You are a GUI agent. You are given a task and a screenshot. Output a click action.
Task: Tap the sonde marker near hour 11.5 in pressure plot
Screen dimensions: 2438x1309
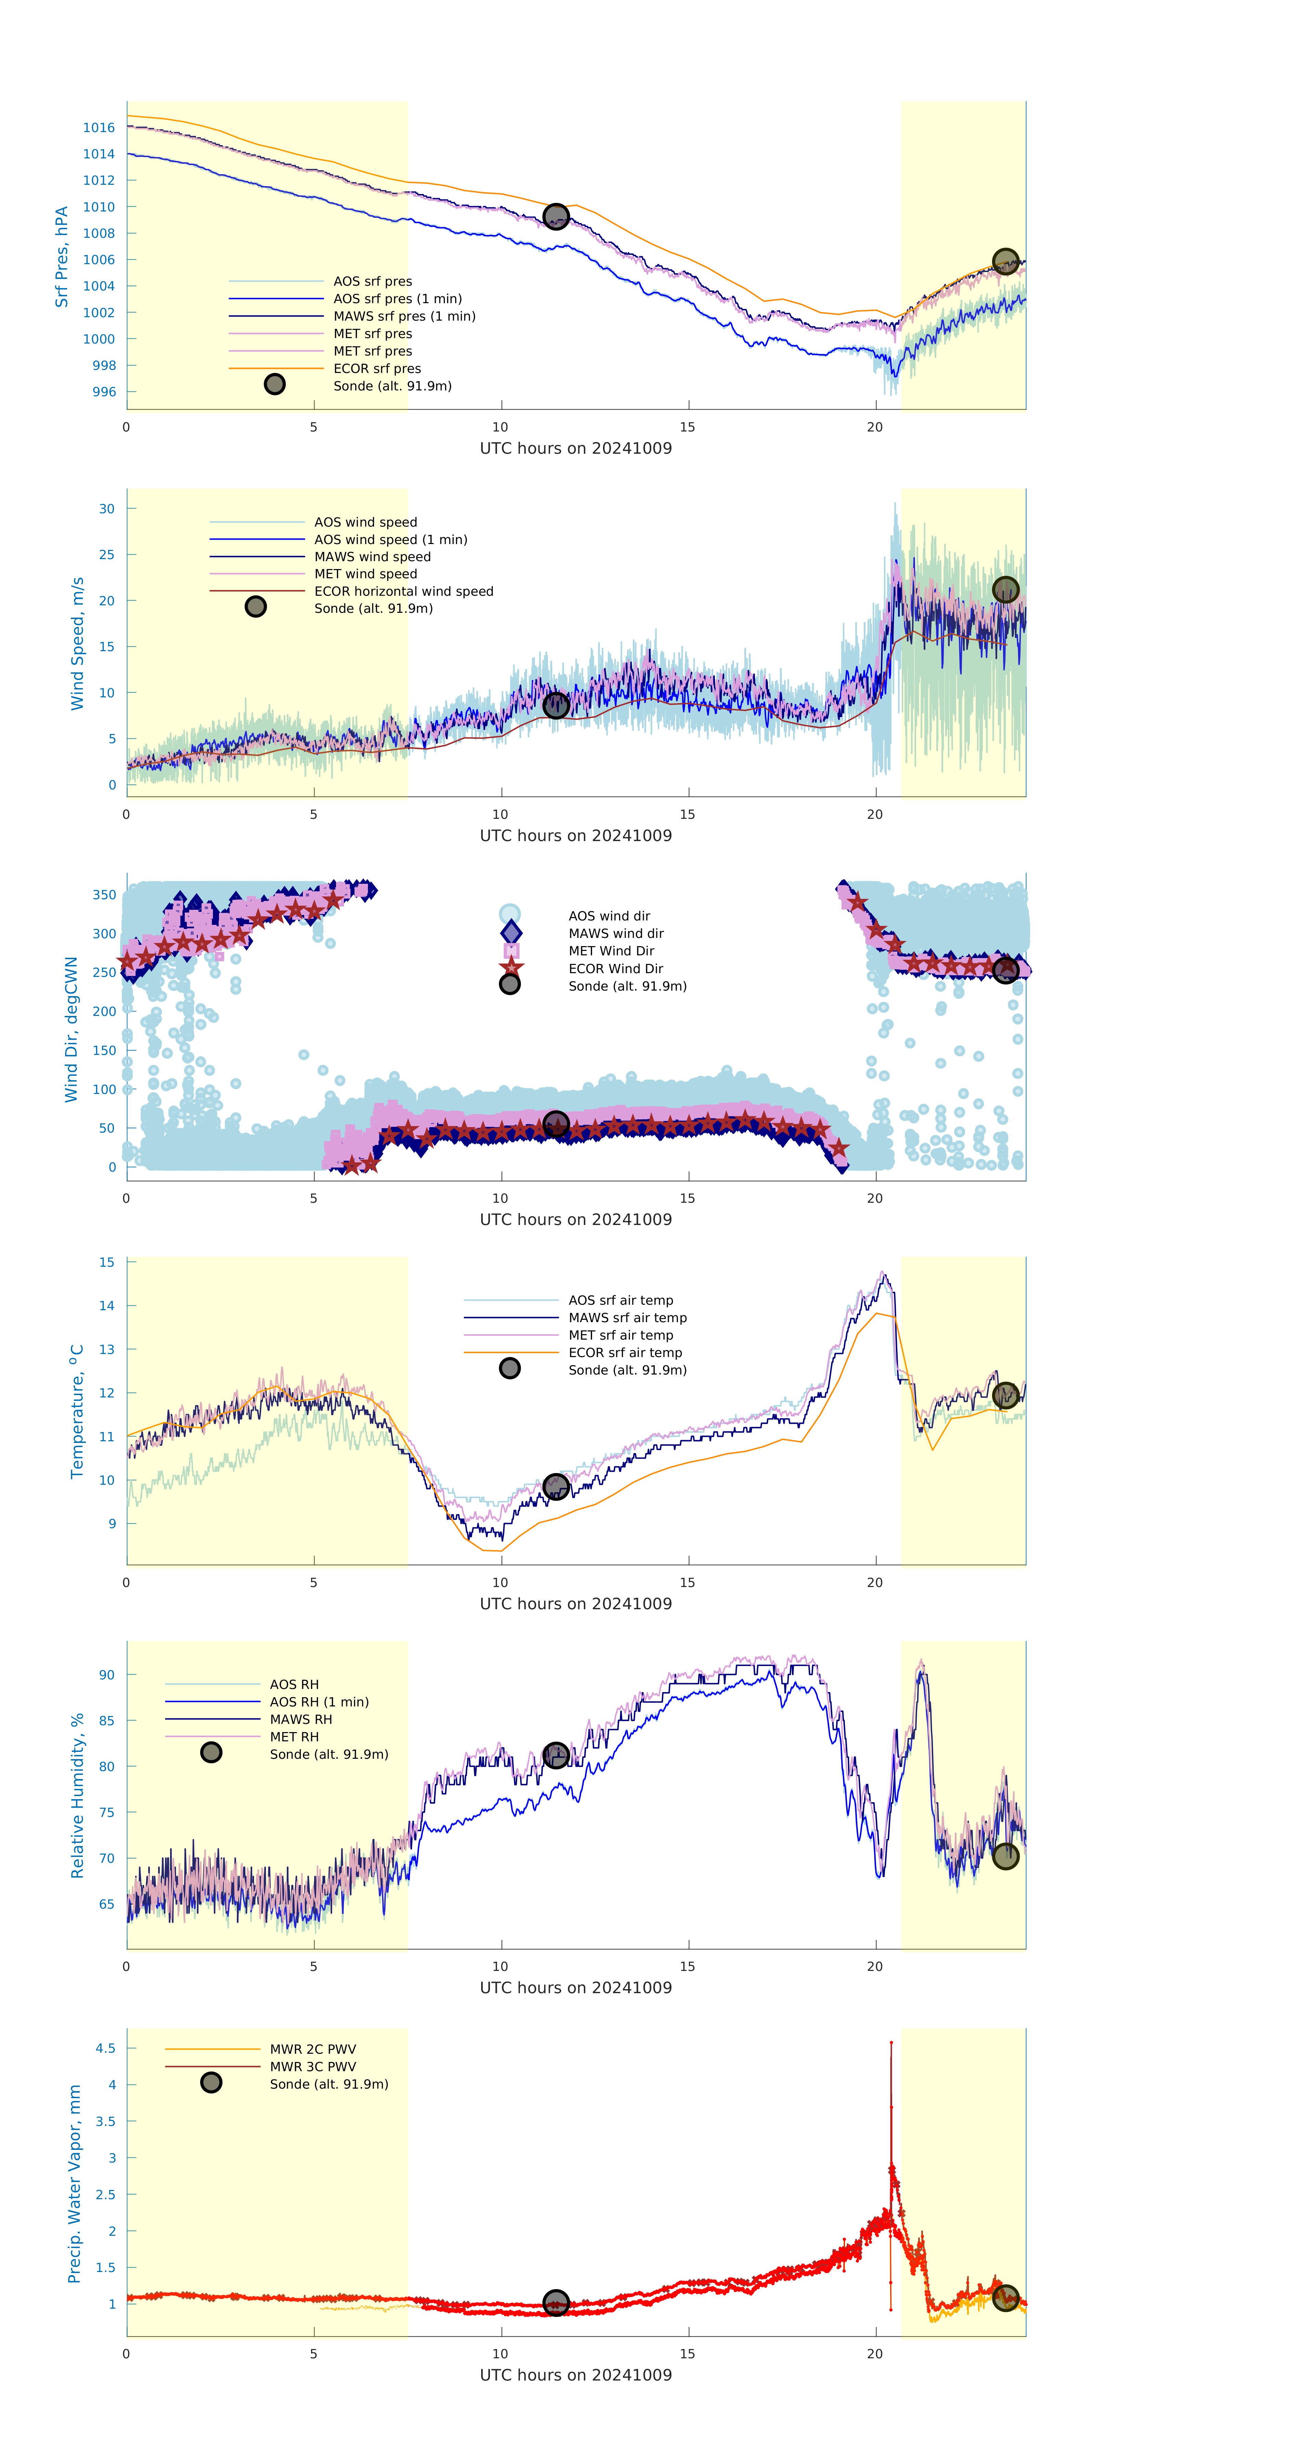[555, 217]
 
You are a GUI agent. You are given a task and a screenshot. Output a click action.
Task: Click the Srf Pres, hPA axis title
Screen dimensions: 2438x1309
[62, 257]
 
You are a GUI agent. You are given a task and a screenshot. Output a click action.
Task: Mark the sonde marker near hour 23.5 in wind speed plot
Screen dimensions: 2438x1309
[1005, 590]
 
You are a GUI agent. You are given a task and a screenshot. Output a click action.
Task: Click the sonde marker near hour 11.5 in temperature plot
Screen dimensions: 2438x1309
[555, 1487]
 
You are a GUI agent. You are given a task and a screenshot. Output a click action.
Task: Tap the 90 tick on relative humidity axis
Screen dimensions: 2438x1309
[107, 1675]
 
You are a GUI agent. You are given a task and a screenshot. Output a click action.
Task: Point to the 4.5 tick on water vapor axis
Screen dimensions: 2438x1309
[105, 2049]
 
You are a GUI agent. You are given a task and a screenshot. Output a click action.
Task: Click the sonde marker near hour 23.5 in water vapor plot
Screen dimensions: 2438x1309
[1005, 2298]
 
